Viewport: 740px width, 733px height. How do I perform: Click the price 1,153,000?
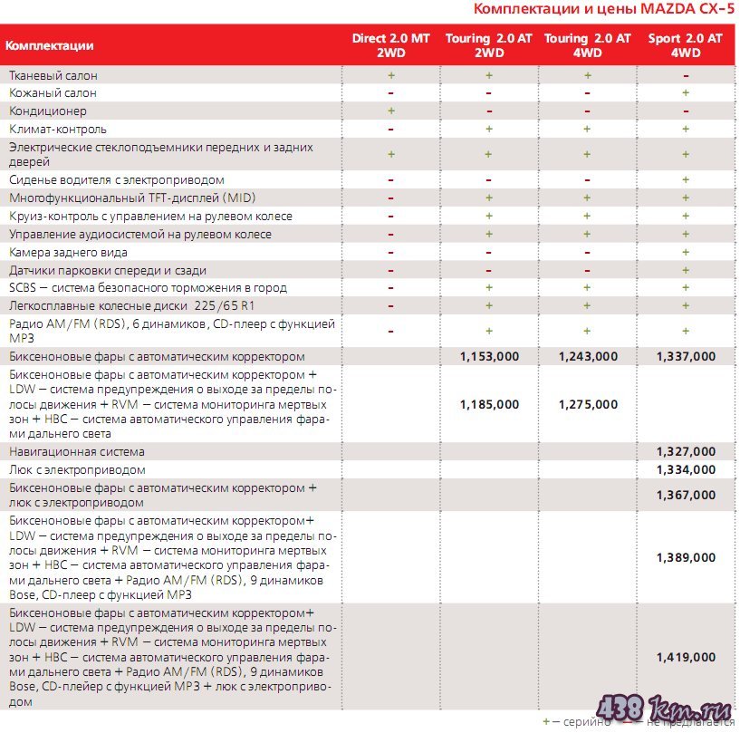click(x=489, y=356)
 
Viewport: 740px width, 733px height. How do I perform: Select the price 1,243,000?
click(x=588, y=356)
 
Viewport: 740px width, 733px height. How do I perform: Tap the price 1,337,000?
click(x=686, y=356)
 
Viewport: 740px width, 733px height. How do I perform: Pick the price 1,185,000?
click(x=489, y=404)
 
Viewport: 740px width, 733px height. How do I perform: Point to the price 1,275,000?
click(x=588, y=404)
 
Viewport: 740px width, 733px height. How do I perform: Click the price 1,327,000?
click(x=686, y=451)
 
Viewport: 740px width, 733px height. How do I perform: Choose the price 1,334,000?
click(x=686, y=469)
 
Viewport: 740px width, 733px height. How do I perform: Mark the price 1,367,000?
click(x=686, y=495)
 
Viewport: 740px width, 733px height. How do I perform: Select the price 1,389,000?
click(x=686, y=557)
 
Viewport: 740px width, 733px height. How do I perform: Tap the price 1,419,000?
click(x=686, y=657)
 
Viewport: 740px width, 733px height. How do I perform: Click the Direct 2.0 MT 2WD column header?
click(x=390, y=45)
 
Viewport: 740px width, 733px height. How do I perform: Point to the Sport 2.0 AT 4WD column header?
click(x=686, y=45)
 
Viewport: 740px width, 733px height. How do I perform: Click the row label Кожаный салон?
click(x=53, y=92)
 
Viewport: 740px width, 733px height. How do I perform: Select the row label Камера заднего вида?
click(x=68, y=252)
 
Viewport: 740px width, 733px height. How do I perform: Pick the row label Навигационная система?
click(x=77, y=451)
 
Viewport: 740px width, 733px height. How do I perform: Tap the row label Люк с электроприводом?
click(x=77, y=469)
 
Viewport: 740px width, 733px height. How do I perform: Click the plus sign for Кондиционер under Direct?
click(x=390, y=111)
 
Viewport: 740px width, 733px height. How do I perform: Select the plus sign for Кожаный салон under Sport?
click(x=686, y=92)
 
